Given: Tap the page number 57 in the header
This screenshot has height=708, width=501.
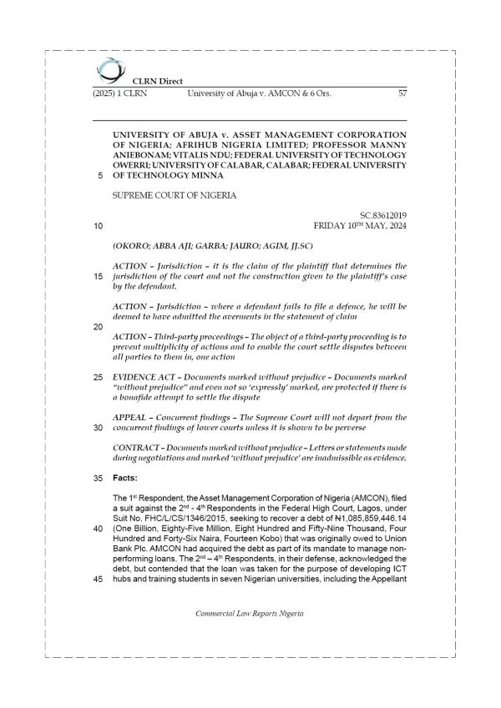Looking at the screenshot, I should point(402,93).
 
